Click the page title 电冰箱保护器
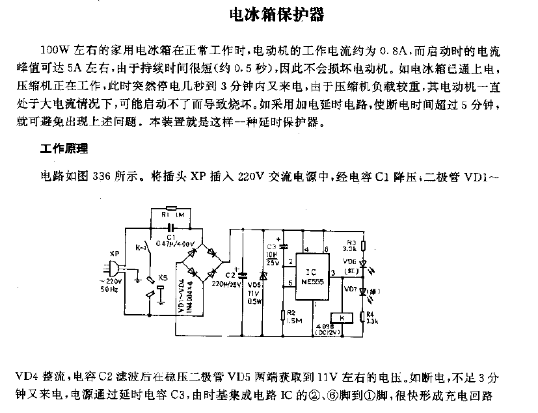(x=268, y=14)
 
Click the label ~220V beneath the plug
(x=111, y=281)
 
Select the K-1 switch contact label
(x=141, y=248)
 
